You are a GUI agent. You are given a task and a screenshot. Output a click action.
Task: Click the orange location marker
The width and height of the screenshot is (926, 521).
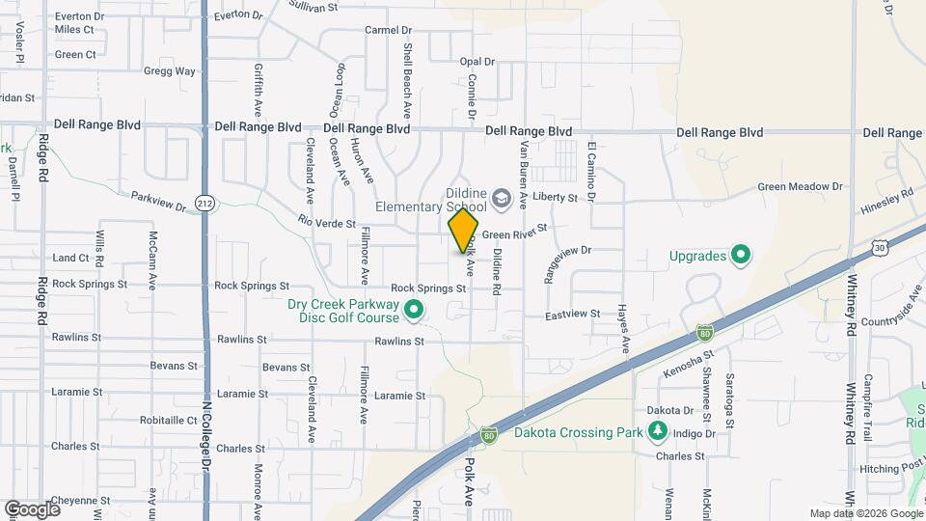[463, 230]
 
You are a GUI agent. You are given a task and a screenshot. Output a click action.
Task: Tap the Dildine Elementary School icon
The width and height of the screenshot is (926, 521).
[501, 200]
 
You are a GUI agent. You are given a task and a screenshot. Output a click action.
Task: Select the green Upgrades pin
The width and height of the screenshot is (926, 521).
[741, 256]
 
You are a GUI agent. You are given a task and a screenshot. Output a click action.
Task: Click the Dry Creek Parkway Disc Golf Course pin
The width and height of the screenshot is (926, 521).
[415, 311]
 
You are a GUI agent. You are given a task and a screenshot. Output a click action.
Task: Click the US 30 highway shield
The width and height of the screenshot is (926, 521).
[879, 248]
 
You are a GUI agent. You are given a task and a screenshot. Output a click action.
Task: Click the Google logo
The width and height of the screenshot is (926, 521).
[32, 508]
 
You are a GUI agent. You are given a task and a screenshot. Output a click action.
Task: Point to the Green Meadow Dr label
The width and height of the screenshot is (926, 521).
[800, 186]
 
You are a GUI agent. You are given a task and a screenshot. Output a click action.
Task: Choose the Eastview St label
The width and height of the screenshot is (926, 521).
[572, 315]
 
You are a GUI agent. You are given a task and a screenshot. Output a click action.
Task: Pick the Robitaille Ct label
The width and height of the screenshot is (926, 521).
[168, 421]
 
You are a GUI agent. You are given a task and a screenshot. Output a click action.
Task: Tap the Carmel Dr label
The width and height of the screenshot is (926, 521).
[388, 30]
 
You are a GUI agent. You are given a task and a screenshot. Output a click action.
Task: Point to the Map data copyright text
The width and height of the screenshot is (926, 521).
[865, 513]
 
